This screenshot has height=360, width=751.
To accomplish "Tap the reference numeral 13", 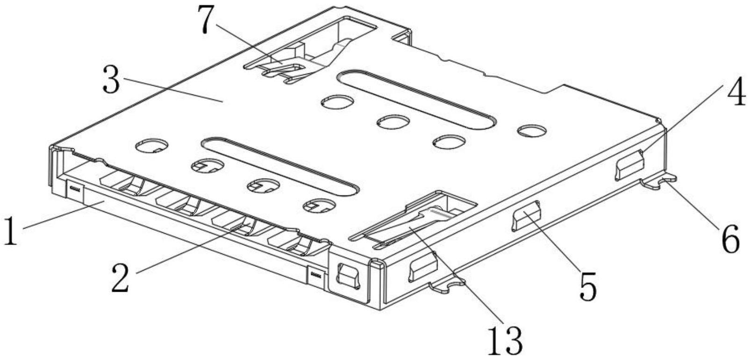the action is (504, 340).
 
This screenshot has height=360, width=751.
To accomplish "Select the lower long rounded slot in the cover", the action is (280, 166).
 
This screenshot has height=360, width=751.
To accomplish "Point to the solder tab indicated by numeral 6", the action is (659, 182).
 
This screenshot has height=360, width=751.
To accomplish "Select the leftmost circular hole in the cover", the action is (152, 147).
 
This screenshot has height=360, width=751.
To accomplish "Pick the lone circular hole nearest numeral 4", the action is (532, 130).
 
